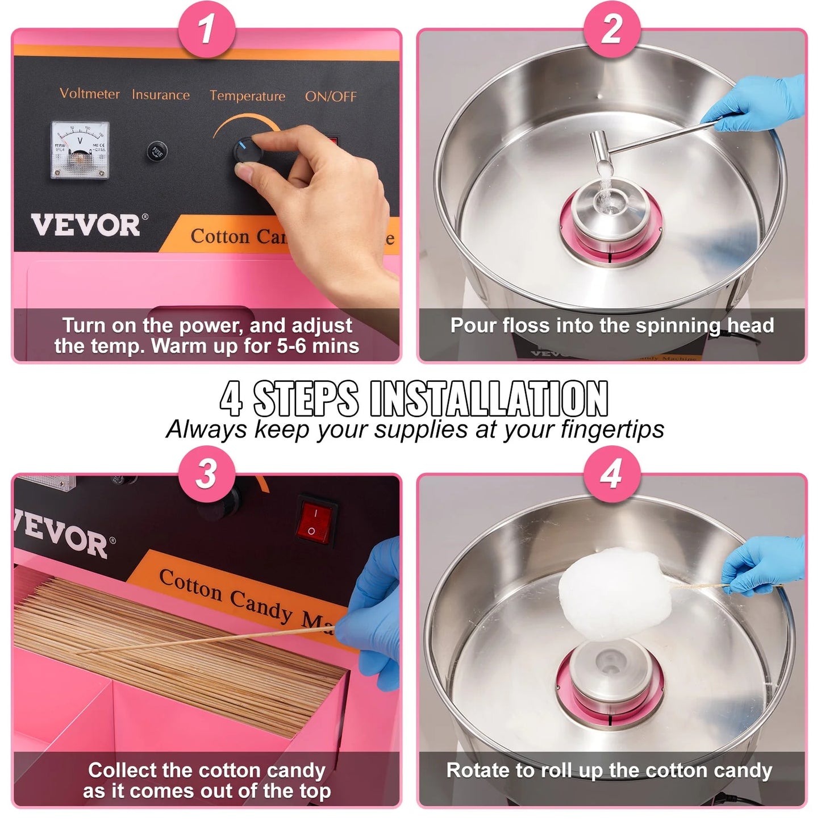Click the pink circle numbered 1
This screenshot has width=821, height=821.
[207, 28]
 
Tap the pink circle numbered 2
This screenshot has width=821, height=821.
[612, 28]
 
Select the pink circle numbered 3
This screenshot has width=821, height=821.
[207, 473]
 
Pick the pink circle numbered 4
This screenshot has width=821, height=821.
[612, 473]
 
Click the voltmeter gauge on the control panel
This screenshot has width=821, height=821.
[80, 150]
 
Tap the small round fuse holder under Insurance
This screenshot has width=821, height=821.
[157, 152]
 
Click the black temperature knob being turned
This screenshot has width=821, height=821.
[248, 152]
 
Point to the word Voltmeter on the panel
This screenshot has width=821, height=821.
[90, 94]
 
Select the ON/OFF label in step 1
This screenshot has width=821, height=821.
[331, 97]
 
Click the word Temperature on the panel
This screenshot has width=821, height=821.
[247, 96]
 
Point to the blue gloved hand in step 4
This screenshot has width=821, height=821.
[764, 564]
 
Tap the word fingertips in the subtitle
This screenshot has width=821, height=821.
[612, 430]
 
